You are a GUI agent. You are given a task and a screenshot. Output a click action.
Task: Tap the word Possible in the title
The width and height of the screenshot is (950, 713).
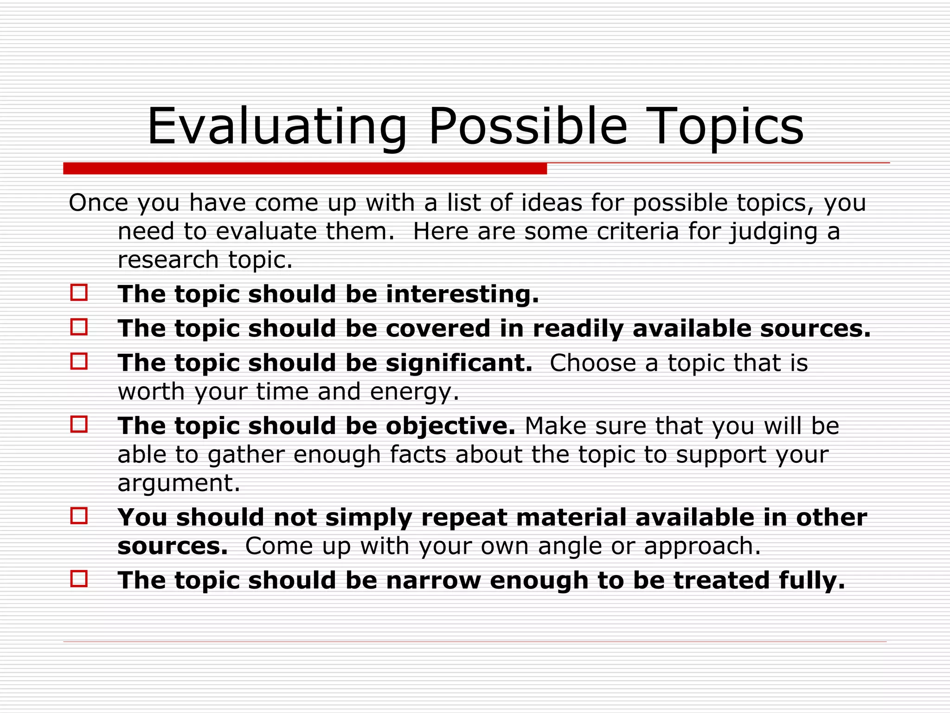click(x=527, y=126)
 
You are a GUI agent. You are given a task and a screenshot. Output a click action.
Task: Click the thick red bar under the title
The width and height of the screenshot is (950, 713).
click(x=305, y=169)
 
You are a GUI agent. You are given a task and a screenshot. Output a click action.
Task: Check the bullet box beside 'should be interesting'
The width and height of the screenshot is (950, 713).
click(x=79, y=293)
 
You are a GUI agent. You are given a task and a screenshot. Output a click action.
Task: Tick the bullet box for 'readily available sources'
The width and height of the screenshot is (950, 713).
click(x=79, y=327)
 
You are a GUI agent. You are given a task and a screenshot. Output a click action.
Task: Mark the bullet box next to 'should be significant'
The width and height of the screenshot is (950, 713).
click(x=79, y=362)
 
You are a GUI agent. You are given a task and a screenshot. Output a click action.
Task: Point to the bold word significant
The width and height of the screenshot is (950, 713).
click(x=458, y=363)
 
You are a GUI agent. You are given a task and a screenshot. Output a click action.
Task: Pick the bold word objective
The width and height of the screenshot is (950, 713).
click(x=450, y=426)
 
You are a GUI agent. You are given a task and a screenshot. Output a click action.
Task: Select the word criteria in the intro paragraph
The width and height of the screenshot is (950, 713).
click(x=637, y=231)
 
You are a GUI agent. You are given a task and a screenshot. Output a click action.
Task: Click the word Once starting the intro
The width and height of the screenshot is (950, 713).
click(x=98, y=203)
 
